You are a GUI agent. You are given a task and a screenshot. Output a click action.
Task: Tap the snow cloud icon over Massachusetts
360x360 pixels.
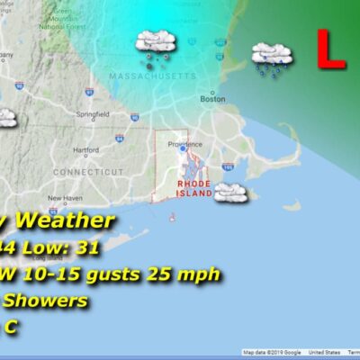[x=155, y=45]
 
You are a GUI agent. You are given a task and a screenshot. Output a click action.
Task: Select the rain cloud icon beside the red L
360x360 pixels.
[x=271, y=57]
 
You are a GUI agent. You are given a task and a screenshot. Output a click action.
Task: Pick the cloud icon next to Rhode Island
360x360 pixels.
[x=230, y=192]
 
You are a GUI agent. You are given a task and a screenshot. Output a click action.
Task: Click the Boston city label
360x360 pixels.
[x=211, y=100]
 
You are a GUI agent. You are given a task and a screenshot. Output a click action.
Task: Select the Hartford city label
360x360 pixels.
[x=85, y=149]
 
